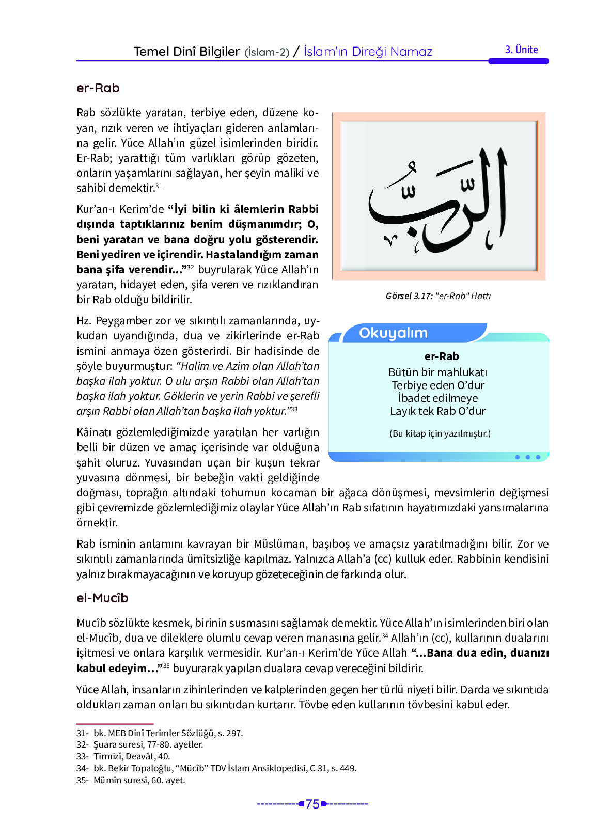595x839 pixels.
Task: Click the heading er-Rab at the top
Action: coord(98,88)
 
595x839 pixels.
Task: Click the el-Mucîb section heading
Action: coord(102,598)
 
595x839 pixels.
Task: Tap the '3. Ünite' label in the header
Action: coord(521,50)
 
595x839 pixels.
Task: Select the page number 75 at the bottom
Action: coord(312,804)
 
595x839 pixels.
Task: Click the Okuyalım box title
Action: coord(393,333)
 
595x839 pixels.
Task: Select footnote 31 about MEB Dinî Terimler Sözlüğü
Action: coord(160,733)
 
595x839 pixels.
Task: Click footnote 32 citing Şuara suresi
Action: coord(140,744)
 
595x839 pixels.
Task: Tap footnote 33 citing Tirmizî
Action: coord(123,756)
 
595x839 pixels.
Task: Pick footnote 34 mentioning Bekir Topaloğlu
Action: coord(216,768)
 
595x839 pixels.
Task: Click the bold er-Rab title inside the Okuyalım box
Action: coord(442,356)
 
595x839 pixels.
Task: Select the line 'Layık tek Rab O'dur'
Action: coord(437,411)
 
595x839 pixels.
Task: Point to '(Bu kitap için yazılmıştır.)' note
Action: coord(440,433)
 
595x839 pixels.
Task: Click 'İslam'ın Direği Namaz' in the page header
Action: coord(368,52)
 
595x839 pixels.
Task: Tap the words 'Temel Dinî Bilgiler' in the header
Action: coord(186,52)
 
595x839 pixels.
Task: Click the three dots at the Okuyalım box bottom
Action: coord(527,457)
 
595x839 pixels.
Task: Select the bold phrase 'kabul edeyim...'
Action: coord(117,669)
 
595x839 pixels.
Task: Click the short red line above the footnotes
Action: coord(115,724)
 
